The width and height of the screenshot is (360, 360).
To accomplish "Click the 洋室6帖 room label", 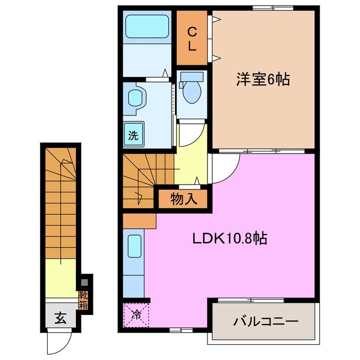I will pyautogui.click(x=263, y=79).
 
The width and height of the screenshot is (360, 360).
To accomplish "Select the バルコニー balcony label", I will pyautogui.click(x=265, y=322).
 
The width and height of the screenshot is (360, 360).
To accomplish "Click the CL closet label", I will pyautogui.click(x=192, y=38).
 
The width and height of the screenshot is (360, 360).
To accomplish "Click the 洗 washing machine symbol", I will pyautogui.click(x=134, y=135).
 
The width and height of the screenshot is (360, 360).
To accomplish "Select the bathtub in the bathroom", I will pyautogui.click(x=147, y=26).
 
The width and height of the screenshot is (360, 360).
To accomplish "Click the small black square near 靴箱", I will pyautogui.click(x=85, y=281).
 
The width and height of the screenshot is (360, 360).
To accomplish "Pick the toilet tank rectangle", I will pyautogui.click(x=192, y=76).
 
